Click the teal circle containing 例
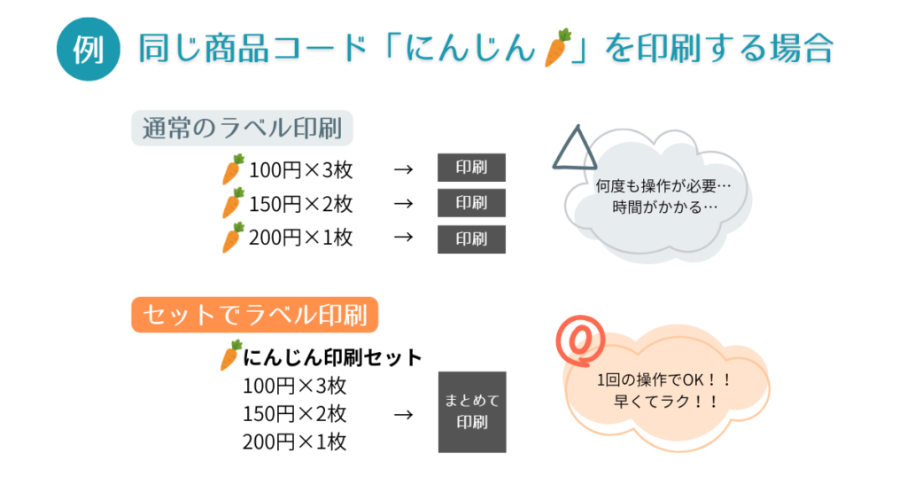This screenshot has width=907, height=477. click(87, 49)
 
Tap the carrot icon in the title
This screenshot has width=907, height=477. click(555, 48)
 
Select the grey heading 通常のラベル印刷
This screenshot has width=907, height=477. click(242, 129)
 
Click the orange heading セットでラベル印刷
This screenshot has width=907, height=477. click(255, 314)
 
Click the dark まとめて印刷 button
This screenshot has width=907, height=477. click(472, 411)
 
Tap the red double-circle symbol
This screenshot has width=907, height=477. click(580, 340)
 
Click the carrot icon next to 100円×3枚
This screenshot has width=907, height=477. click(233, 169)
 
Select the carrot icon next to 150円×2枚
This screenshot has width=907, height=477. click(233, 204)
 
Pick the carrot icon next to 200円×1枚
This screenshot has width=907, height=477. click(233, 238)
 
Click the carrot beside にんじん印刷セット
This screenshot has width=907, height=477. click(230, 356)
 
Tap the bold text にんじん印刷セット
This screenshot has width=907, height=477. click(332, 357)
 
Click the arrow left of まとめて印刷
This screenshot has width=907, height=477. click(403, 414)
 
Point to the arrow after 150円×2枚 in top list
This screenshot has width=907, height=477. click(403, 204)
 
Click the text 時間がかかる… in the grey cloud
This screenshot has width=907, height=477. click(664, 207)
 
